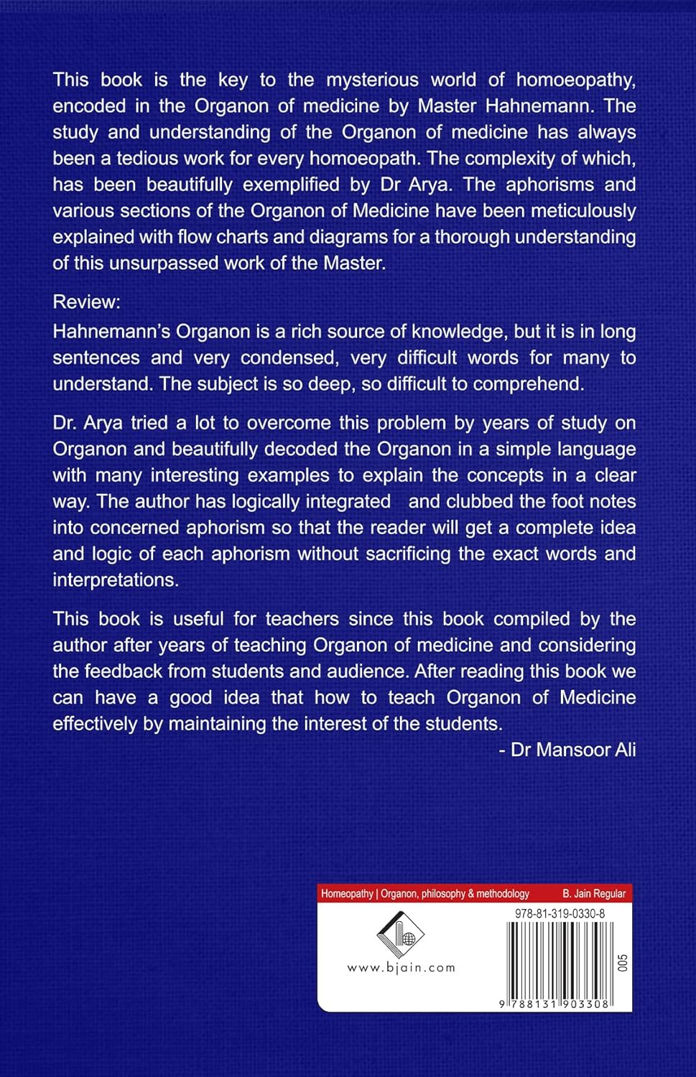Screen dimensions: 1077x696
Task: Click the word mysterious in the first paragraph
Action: click(x=372, y=80)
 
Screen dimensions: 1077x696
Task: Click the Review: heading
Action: click(x=86, y=302)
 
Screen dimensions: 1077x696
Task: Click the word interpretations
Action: click(x=116, y=579)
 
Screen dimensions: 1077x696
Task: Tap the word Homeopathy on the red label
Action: click(x=347, y=894)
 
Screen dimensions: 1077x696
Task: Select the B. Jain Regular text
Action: click(x=594, y=894)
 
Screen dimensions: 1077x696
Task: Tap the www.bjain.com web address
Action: click(x=402, y=967)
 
